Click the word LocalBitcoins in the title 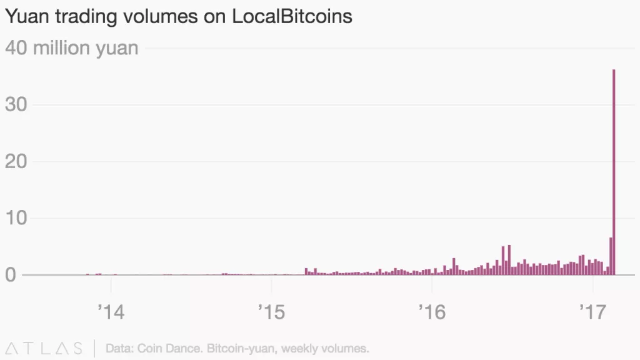pos(292,17)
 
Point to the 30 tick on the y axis pos(17,104)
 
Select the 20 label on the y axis pos(17,161)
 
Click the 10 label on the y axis pos(17,218)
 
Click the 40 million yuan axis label pos(72,47)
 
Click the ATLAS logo pos(44,347)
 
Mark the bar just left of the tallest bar pos(611,256)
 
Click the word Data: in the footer pos(119,347)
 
